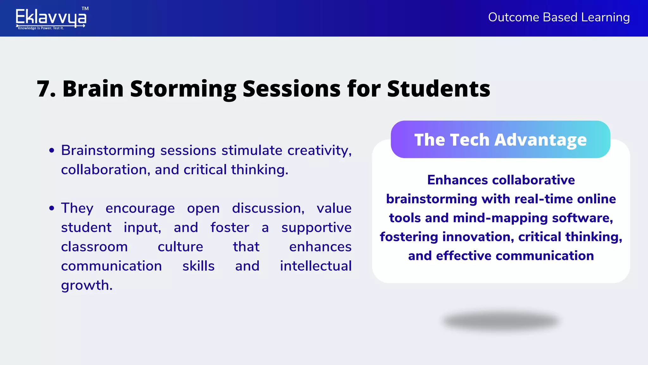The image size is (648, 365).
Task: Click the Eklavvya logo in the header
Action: click(x=51, y=18)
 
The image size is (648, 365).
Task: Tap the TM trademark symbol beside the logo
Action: click(x=85, y=9)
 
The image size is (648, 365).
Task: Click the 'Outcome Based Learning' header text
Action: click(x=559, y=17)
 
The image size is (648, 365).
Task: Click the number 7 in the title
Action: click(x=44, y=89)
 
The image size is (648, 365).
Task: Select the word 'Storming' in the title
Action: click(x=183, y=89)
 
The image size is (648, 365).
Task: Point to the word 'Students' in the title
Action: click(x=439, y=89)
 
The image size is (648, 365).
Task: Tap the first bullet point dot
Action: click(x=52, y=150)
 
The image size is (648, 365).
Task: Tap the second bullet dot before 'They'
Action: click(x=52, y=208)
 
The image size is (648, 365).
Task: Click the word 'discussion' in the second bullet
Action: click(x=268, y=208)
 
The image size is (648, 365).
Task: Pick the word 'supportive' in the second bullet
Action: click(x=316, y=228)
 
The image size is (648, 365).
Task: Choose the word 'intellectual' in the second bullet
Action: click(x=316, y=266)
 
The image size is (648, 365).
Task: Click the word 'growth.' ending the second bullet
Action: click(x=87, y=285)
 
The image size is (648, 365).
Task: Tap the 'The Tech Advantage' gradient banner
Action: click(x=500, y=139)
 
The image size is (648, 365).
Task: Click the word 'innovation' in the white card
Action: click(x=478, y=237)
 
